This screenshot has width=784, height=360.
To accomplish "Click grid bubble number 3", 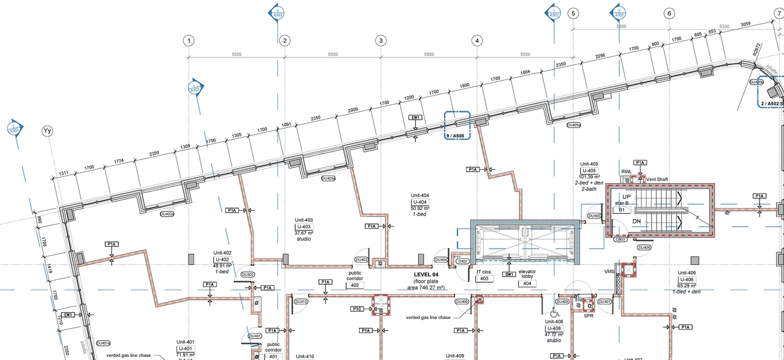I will click(380, 40).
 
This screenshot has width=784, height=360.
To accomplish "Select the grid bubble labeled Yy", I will click(47, 131).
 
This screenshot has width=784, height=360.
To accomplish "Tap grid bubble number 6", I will click(669, 13).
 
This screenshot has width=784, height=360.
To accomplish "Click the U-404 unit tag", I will click(420, 202).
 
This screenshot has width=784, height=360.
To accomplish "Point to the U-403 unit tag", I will click(304, 227).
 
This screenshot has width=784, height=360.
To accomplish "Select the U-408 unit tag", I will click(554, 328).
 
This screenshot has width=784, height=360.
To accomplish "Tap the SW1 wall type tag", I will click(509, 275).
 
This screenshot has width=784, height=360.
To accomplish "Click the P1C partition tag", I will click(358, 309).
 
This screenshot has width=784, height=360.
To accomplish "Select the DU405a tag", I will click(573, 125).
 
